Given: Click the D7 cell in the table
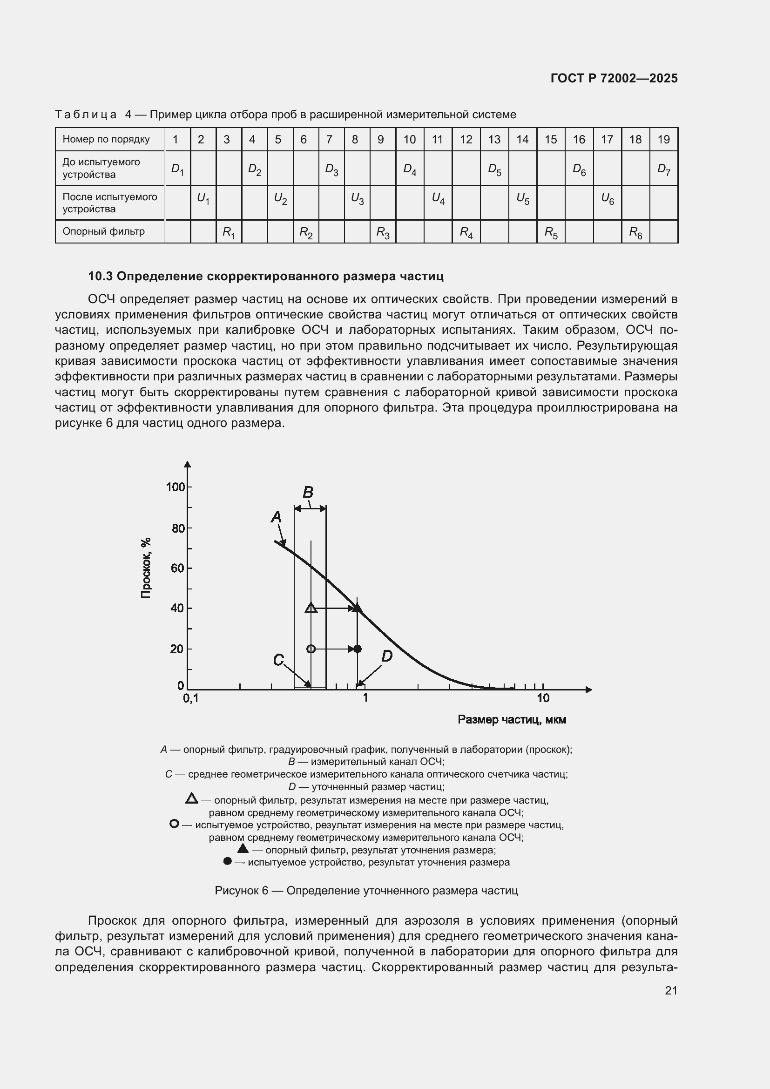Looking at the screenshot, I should (x=664, y=169).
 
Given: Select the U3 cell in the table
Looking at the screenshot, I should (x=357, y=199).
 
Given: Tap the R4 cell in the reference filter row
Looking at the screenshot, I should (x=466, y=232).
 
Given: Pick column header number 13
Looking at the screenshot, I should (x=494, y=140).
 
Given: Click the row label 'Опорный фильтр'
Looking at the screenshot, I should (x=103, y=231).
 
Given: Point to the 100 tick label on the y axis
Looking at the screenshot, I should (x=175, y=487).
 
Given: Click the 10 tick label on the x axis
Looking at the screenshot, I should (x=543, y=698).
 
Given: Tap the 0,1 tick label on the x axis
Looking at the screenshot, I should (x=190, y=699).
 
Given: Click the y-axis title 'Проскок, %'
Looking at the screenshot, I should (x=146, y=568).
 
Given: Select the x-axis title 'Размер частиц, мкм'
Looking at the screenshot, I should (x=512, y=720).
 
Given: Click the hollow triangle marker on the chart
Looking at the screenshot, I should (x=311, y=608).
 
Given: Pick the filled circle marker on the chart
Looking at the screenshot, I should (x=358, y=649).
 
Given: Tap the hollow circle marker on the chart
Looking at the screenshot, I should (x=311, y=649).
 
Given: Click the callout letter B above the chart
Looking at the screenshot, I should (x=308, y=492).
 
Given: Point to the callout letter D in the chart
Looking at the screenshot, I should (x=387, y=656).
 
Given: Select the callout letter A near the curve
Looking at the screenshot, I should (x=276, y=517).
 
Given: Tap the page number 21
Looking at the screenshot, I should (x=671, y=990).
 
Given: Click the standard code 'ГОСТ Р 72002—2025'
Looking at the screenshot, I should (x=614, y=78).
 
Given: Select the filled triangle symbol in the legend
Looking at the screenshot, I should (x=243, y=848).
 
